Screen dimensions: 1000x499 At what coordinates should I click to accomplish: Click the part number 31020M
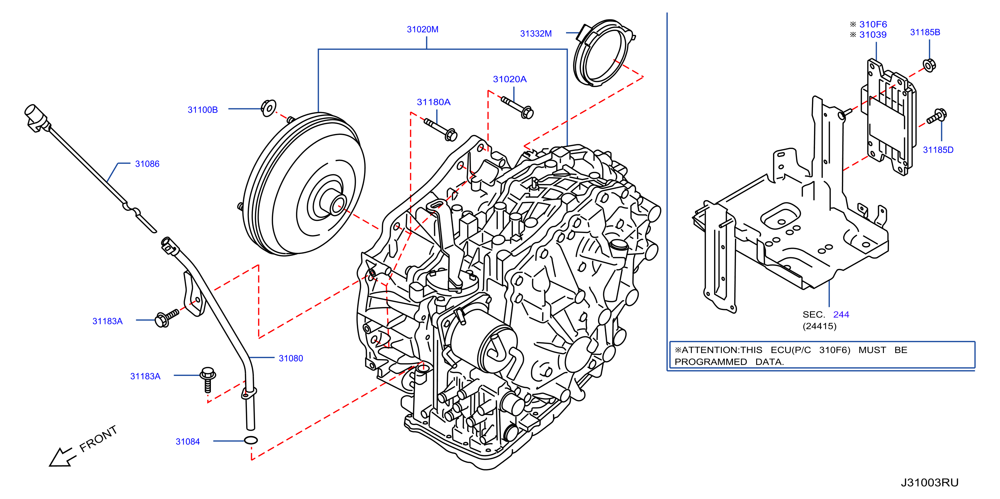coord(422,30)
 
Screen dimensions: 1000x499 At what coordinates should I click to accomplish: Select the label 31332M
coord(536,34)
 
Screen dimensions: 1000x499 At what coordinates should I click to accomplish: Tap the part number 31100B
coord(202,110)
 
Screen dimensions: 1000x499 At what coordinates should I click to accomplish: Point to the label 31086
coord(147,164)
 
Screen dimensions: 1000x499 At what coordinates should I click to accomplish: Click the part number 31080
coord(291,358)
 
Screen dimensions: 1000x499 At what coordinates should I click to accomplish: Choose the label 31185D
coord(938,150)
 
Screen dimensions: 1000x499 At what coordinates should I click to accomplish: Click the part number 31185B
coord(925,32)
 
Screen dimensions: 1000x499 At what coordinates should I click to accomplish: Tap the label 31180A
coord(434,102)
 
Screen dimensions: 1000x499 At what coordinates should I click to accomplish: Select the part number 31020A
coord(510,79)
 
